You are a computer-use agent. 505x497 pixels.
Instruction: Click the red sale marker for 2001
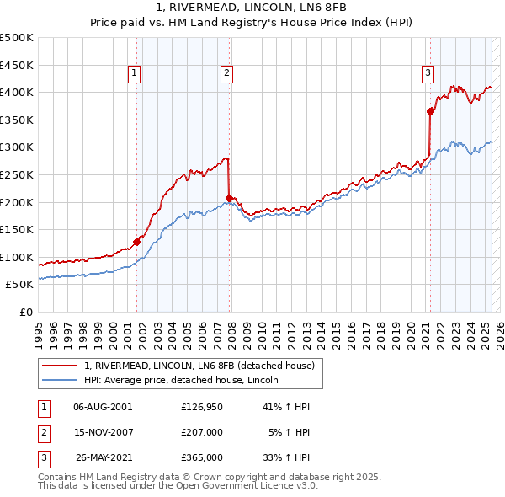(136, 242)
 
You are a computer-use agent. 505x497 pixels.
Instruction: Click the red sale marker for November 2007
(229, 198)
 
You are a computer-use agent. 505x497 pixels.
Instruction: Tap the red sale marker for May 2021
(430, 110)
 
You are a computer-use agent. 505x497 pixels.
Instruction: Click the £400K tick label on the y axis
(17, 92)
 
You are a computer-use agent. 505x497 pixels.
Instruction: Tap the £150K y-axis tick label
(17, 229)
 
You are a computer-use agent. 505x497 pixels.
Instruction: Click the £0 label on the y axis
(25, 312)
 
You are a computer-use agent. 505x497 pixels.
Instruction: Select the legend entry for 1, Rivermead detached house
(199, 366)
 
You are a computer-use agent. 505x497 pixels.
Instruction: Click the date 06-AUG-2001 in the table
(103, 407)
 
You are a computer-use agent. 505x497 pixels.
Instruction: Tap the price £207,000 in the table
(202, 432)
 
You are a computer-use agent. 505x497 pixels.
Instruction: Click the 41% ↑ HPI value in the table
(288, 407)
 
